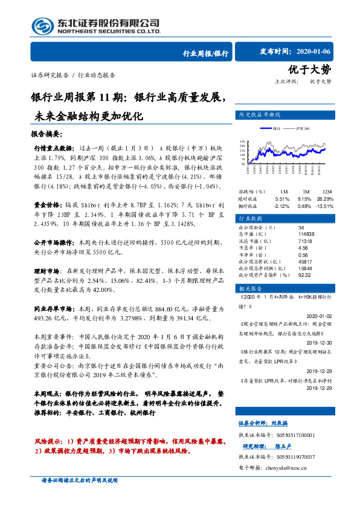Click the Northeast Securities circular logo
coord(42,26)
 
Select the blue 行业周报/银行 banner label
coord(205,53)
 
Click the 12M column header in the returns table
coord(328,191)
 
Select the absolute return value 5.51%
coord(282,198)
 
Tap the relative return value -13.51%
coord(325,206)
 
